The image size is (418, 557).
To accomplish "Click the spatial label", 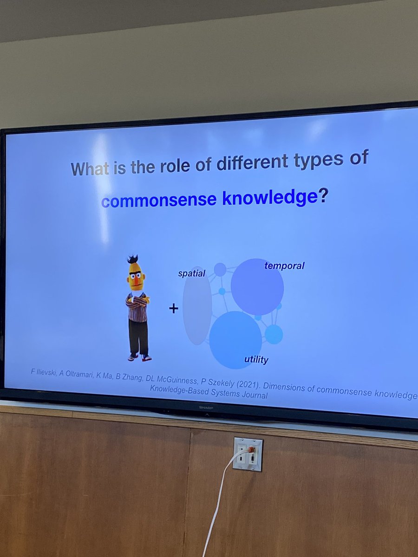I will (x=191, y=273).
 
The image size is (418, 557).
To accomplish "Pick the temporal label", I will (x=284, y=266).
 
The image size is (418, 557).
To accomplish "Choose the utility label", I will (x=256, y=360).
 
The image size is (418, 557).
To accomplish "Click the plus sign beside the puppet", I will (x=174, y=308).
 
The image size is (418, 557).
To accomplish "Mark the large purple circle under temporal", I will (x=257, y=286).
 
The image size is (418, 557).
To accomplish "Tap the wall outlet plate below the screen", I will (x=248, y=454).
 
